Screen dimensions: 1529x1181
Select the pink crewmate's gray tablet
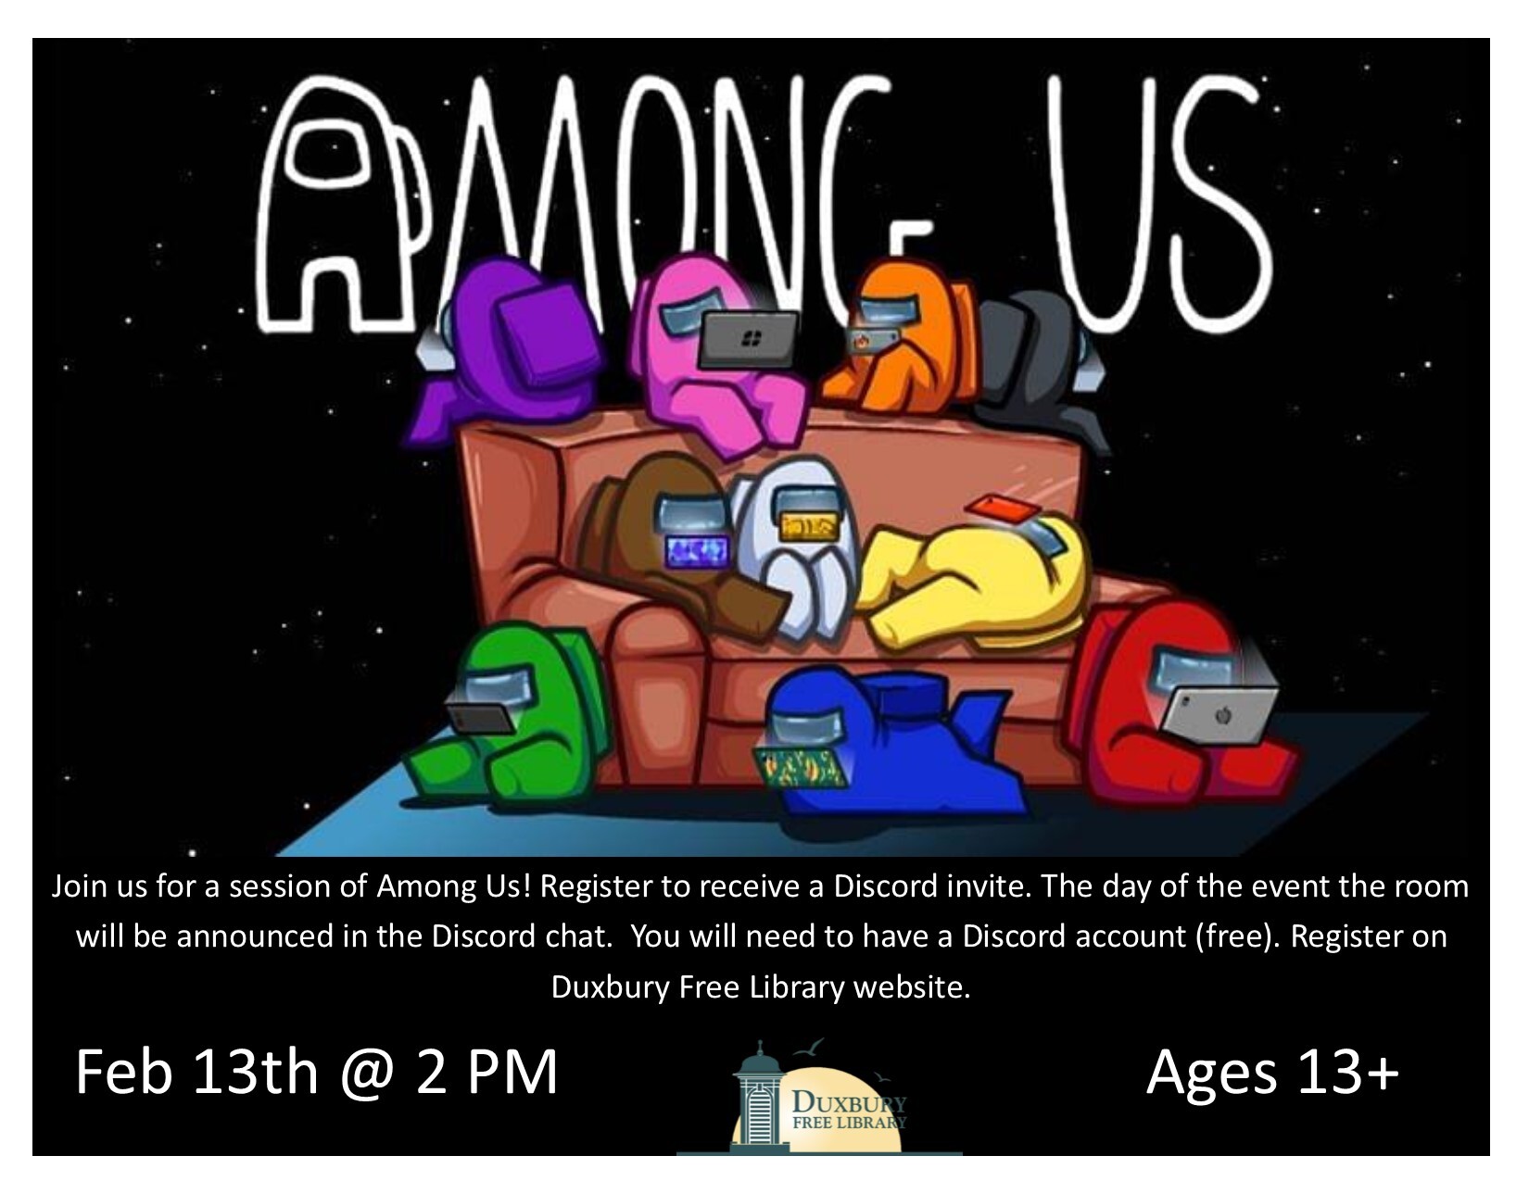coord(750,340)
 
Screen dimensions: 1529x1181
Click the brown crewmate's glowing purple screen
coord(697,552)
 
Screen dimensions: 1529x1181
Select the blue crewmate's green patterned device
coord(801,768)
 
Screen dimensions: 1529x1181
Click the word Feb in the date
coord(124,1072)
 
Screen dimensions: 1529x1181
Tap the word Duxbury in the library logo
coord(849,1101)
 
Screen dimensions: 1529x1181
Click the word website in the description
coord(912,986)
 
